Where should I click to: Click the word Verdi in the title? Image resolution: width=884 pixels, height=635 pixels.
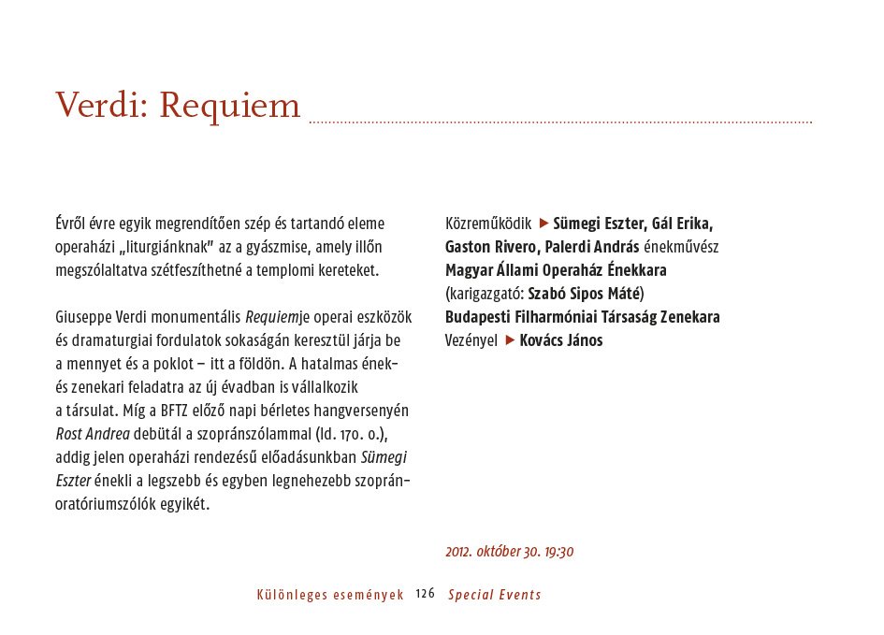tap(97, 105)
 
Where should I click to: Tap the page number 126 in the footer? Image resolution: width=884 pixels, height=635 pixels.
tap(426, 594)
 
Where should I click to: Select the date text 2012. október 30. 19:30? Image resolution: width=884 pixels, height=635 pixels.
tap(509, 552)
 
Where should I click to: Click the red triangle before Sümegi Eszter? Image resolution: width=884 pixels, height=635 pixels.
tap(543, 224)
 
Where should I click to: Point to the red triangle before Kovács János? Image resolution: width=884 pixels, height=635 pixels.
tap(510, 340)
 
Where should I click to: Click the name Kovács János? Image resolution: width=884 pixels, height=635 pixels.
tap(561, 340)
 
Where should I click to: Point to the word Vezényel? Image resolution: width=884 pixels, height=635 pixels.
tap(471, 340)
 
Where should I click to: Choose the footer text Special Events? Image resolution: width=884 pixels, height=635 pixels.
tap(494, 595)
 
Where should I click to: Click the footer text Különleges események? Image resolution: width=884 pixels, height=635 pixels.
tap(329, 595)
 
